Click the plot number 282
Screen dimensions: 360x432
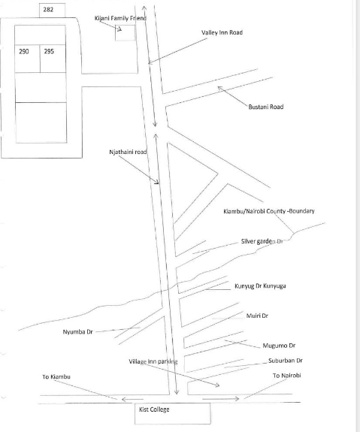[48, 10]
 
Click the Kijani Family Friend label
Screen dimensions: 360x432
[120, 18]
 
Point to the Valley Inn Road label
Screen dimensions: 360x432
[222, 32]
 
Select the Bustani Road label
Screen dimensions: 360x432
[266, 107]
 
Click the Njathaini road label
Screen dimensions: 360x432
[128, 152]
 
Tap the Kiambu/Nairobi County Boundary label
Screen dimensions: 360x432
[269, 211]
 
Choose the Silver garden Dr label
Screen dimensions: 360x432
[262, 241]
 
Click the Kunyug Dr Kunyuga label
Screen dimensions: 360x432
[260, 286]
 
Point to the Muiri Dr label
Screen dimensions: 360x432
[257, 316]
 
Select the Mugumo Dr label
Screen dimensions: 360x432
[279, 346]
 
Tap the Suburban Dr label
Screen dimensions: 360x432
[286, 361]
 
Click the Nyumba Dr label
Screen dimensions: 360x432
[77, 332]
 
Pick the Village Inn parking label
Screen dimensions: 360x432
[153, 361]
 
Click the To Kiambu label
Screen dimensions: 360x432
[56, 376]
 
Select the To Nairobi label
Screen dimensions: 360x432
[286, 376]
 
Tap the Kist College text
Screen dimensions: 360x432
[154, 409]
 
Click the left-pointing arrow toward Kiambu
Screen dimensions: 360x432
[132, 399]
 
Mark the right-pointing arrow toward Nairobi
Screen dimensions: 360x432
[220, 398]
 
